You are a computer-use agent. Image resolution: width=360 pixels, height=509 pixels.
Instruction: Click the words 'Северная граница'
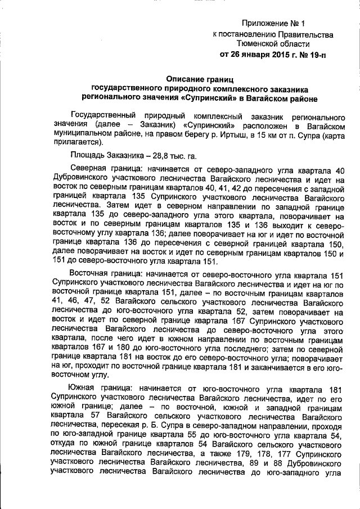click(x=105, y=169)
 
